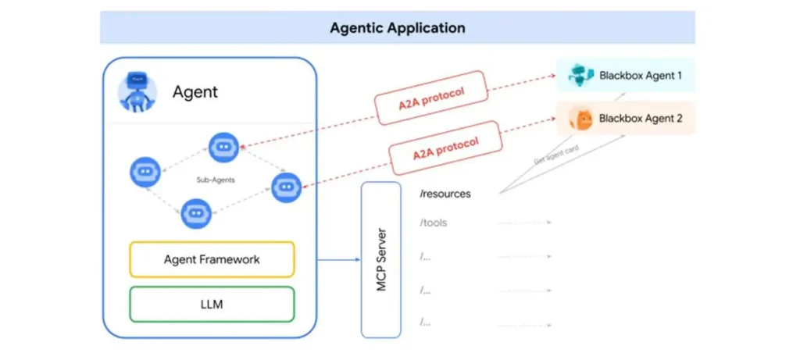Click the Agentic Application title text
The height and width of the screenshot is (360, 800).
pyautogui.click(x=397, y=28)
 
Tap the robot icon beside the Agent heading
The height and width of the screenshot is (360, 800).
pyautogui.click(x=137, y=92)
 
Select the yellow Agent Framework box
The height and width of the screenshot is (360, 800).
pyautogui.click(x=212, y=259)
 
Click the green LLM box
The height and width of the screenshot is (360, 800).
pyautogui.click(x=212, y=304)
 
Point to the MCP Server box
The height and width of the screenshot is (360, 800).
pyautogui.click(x=381, y=259)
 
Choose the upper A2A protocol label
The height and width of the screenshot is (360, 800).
pyautogui.click(x=420, y=97)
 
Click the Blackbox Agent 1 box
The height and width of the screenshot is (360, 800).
pyautogui.click(x=625, y=75)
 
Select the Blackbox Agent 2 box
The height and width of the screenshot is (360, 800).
pyautogui.click(x=625, y=119)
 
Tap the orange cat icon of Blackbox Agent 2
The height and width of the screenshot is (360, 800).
pyautogui.click(x=582, y=119)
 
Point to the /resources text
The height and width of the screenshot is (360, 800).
pyautogui.click(x=445, y=193)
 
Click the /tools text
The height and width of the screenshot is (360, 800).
pyautogui.click(x=434, y=223)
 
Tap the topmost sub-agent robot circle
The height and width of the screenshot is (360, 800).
pyautogui.click(x=223, y=147)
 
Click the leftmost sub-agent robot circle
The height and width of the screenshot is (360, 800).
pyautogui.click(x=145, y=172)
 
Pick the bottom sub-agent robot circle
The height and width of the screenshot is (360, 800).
pyautogui.click(x=196, y=212)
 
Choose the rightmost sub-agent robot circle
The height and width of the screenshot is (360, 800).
pyautogui.click(x=286, y=187)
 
